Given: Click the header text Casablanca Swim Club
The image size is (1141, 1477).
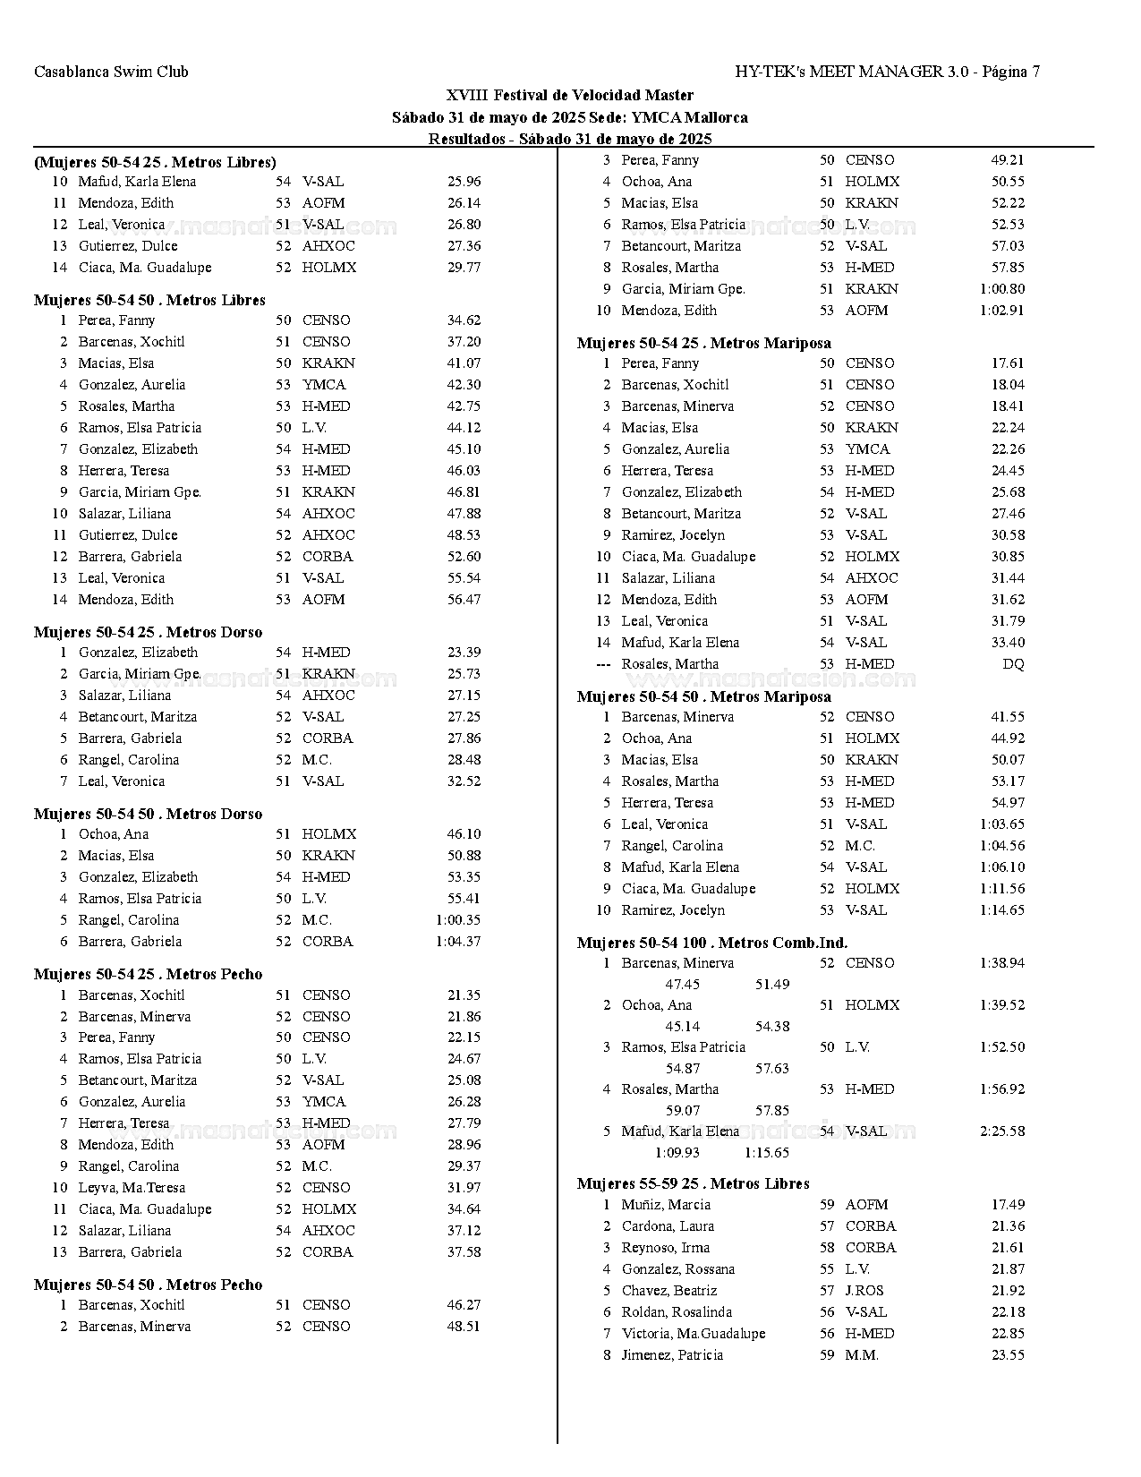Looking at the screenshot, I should [111, 72].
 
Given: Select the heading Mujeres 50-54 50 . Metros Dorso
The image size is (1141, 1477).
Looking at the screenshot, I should [148, 814].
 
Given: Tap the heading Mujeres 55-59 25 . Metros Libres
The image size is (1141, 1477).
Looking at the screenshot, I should [693, 1183].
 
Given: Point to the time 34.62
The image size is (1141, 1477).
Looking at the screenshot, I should [464, 320].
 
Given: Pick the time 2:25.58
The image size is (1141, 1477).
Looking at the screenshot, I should [1002, 1131].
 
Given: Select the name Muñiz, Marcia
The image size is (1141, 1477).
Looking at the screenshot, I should [666, 1205].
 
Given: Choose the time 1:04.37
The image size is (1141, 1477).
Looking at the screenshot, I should [458, 942].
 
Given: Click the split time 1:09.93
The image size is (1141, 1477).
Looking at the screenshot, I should [677, 1153].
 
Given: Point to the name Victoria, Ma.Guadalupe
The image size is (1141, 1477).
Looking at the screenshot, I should [694, 1334].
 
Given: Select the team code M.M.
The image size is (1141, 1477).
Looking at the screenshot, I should [862, 1355].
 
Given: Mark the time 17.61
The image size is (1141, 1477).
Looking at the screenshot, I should [1008, 363].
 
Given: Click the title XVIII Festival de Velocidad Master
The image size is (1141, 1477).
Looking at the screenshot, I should [570, 95].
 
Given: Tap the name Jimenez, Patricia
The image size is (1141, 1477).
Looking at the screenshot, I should [672, 1355].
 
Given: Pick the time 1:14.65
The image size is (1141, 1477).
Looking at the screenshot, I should [1002, 910].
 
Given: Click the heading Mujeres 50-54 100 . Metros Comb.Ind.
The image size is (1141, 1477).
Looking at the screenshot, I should [711, 943].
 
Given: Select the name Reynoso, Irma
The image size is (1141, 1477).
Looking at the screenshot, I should [666, 1248].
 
